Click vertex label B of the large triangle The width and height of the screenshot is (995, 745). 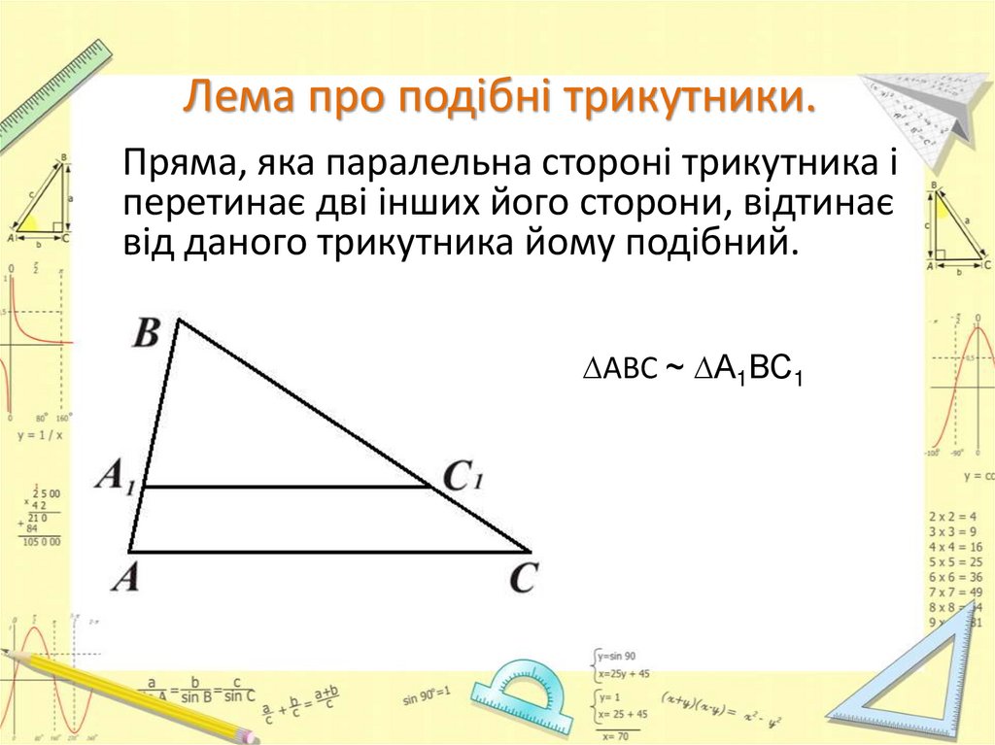[x=146, y=335]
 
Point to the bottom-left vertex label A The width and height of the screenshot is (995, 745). [x=124, y=580]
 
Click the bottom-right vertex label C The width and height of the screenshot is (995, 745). [x=523, y=580]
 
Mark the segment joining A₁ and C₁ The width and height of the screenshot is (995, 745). [x=287, y=487]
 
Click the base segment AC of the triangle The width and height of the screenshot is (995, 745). [x=330, y=552]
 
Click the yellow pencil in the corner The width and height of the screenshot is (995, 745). [x=136, y=694]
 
